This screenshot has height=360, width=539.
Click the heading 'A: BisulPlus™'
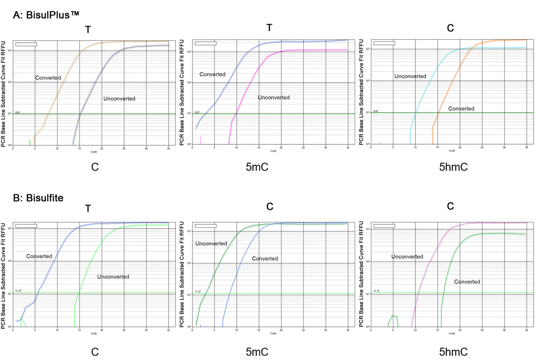[x=46, y=15]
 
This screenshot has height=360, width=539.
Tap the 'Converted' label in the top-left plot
[x=48, y=78]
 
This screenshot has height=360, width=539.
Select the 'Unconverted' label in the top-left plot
[x=119, y=99]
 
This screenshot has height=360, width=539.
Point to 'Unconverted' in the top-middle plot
[x=274, y=98]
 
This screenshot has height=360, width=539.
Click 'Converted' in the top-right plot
[x=461, y=109]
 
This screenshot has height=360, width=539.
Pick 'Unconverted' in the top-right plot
[x=410, y=76]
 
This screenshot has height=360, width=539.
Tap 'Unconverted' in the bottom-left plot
[x=113, y=277]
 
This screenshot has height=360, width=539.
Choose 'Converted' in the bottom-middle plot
[x=265, y=259]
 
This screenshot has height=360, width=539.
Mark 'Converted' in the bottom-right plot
[x=467, y=282]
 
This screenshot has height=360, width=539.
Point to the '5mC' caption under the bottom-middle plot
[x=270, y=349]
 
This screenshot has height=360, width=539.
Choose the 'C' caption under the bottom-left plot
[x=95, y=349]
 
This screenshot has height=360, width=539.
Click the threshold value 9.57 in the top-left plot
[x=18, y=112]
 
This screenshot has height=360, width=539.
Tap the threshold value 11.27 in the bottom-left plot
[x=18, y=291]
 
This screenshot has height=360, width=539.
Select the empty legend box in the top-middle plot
[x=205, y=44]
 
